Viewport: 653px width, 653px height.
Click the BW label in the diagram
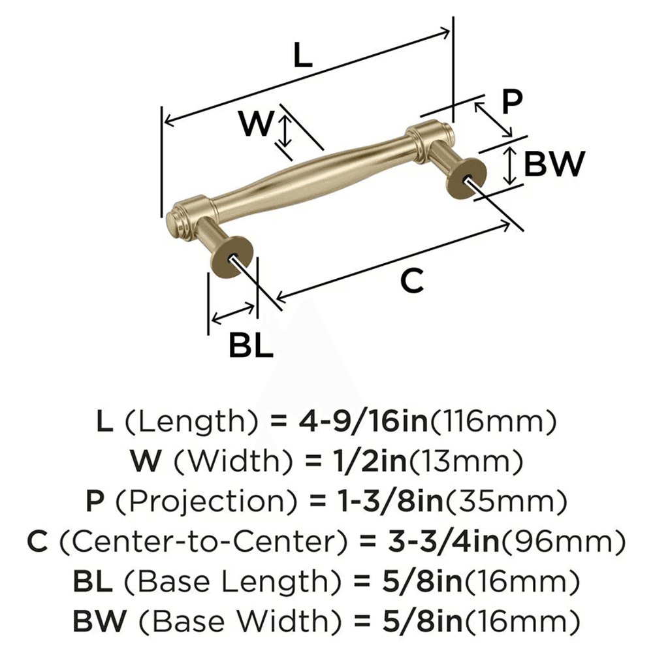point(554,165)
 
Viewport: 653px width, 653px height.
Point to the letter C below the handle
point(412,281)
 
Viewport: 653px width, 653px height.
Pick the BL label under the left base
point(250,345)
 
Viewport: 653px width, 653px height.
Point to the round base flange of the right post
point(467,179)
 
